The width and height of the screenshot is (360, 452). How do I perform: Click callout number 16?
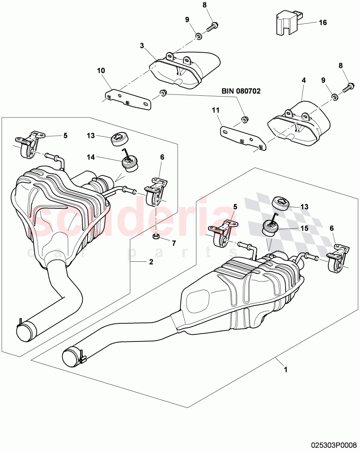pos(323,23)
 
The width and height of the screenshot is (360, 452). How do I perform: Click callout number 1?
pos(285,369)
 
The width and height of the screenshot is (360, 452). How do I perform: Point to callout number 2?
pos(151,261)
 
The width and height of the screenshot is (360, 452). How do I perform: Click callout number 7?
pos(173,243)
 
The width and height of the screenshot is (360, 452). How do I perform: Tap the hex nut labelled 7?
pos(156,236)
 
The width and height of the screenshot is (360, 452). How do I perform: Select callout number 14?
pos(91,157)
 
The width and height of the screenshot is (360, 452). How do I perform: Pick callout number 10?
pos(101,71)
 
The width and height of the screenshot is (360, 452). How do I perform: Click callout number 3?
pos(142,46)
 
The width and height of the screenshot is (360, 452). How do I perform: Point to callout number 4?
pos(304,81)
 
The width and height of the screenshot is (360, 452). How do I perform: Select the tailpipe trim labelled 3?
pos(185,70)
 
